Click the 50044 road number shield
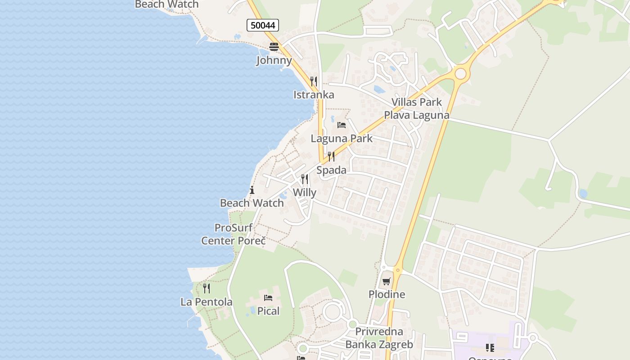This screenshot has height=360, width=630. click(263, 25)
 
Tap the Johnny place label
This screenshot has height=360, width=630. click(274, 60)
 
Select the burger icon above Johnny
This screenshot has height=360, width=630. click(274, 46)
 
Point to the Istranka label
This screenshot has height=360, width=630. click(314, 94)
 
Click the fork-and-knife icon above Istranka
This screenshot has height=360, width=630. click(314, 81)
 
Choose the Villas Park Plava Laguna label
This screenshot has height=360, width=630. click(416, 108)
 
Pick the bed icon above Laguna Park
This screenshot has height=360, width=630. click(342, 125)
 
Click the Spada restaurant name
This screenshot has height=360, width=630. click(331, 170)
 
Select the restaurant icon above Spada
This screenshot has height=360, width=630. click(331, 157)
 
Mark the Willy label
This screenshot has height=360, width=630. click(305, 193)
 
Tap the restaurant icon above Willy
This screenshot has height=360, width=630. click(305, 179)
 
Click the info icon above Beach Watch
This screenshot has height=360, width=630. click(252, 190)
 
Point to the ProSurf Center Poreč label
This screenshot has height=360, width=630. click(234, 234)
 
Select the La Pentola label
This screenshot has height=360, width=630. click(207, 302)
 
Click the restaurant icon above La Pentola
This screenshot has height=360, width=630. click(207, 288)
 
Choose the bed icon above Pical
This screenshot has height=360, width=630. click(268, 297)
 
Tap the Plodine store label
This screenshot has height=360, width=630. click(387, 294)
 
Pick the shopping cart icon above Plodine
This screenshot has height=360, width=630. click(387, 282)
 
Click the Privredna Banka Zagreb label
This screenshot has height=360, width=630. click(379, 338)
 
